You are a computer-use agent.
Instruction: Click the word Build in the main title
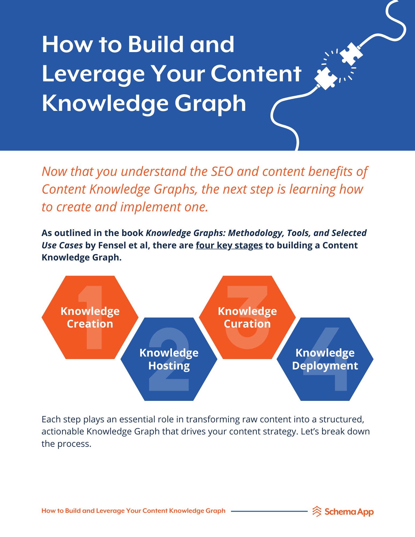(156, 44)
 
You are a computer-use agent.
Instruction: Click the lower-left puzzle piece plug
(326, 78)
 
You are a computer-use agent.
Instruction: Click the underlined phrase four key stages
(229, 245)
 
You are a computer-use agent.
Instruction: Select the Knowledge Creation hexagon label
(90, 317)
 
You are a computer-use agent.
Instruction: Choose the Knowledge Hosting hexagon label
(169, 359)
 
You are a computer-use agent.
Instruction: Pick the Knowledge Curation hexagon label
(247, 317)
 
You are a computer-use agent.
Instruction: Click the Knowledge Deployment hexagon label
(325, 359)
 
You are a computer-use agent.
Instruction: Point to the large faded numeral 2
(169, 359)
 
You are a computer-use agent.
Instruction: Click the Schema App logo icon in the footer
(317, 511)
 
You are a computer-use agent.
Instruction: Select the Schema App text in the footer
(349, 512)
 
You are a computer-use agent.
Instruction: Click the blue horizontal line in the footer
(269, 511)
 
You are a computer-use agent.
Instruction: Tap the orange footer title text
(133, 511)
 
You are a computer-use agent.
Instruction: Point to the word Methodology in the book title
(256, 233)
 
